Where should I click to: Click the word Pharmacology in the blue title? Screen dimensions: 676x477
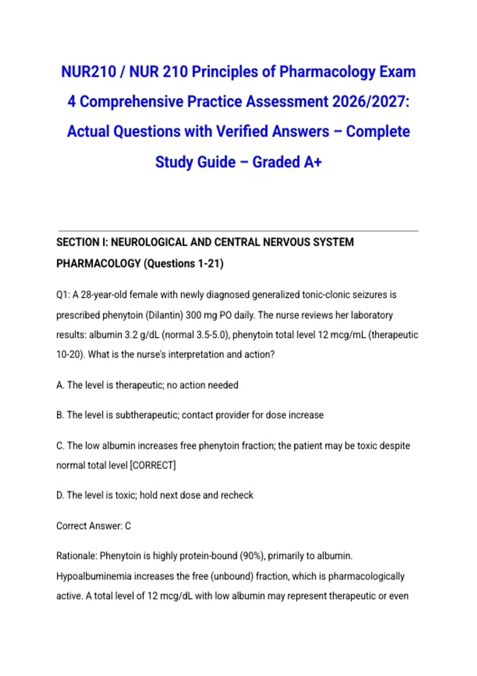327,72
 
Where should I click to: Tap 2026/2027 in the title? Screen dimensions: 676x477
370,102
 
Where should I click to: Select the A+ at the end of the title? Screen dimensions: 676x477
313,162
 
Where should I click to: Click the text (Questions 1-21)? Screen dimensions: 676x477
183,264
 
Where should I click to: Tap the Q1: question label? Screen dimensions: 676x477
63,295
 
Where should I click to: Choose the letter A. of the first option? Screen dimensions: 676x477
60,385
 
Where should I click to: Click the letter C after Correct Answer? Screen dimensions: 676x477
128,526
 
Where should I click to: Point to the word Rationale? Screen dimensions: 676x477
77,556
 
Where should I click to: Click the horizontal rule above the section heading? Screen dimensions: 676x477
238,231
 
